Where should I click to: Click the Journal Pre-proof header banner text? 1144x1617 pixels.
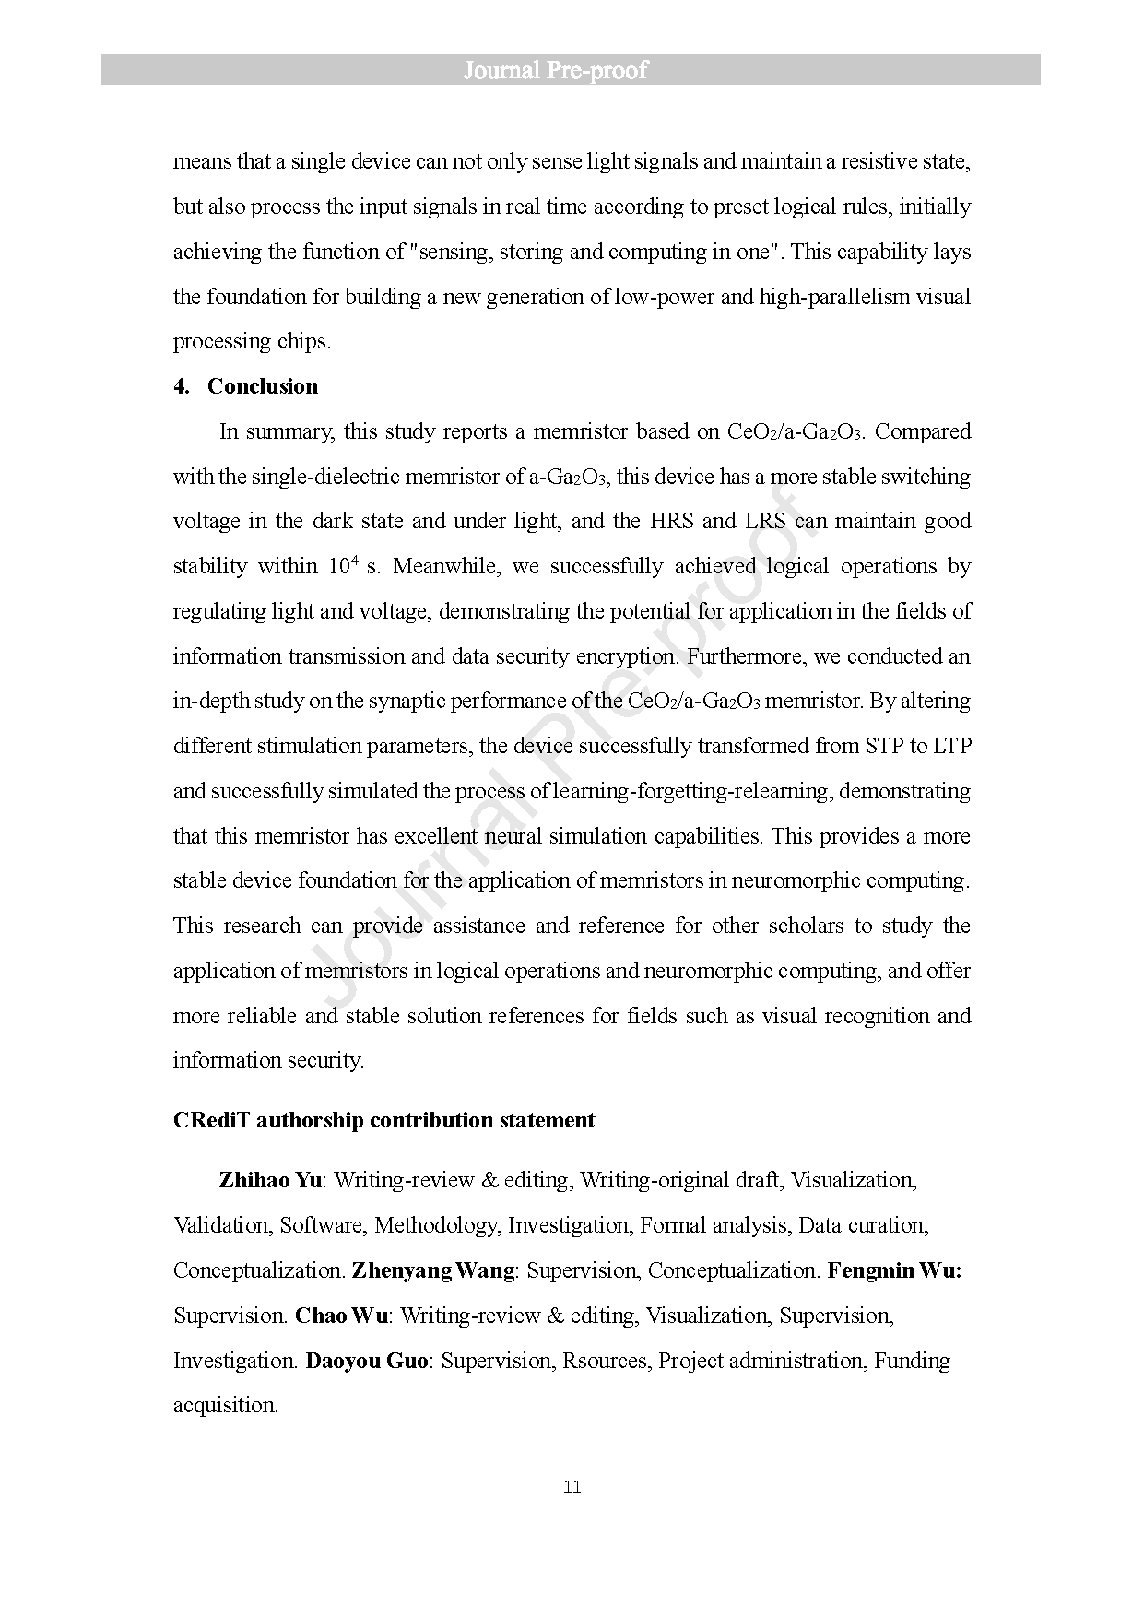tap(555, 70)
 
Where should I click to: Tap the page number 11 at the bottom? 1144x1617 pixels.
tap(572, 1487)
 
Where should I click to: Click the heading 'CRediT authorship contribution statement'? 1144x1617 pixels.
tap(383, 1120)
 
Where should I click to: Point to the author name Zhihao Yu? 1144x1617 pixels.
tap(269, 1180)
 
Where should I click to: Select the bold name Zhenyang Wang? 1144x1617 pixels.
tap(432, 1270)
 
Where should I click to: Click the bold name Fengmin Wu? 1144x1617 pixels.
tap(893, 1270)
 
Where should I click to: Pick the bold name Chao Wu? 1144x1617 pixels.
tap(341, 1316)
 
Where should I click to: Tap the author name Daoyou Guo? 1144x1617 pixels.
tap(366, 1361)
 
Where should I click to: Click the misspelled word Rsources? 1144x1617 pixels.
tap(605, 1361)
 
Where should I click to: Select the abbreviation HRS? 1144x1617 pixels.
tap(670, 521)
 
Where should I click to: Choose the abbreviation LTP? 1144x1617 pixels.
tap(952, 746)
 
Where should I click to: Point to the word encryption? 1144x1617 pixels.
tap(625, 656)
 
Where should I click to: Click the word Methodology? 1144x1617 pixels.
tap(435, 1225)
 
